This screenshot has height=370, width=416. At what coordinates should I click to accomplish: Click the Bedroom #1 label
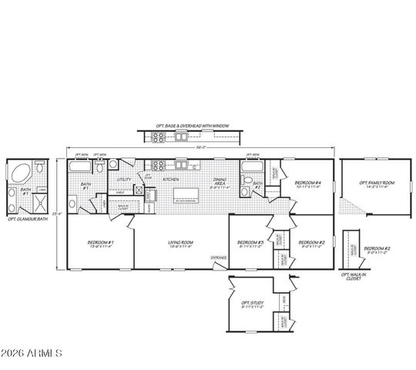click(x=99, y=243)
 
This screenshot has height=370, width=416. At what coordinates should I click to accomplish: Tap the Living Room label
click(x=180, y=244)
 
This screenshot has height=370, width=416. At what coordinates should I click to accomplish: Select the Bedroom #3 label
click(x=250, y=243)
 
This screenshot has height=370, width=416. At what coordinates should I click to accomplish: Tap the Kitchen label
click(x=171, y=179)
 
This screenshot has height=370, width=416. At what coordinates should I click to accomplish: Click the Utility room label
click(x=124, y=180)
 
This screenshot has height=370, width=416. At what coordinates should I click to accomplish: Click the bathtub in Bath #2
click(x=251, y=166)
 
